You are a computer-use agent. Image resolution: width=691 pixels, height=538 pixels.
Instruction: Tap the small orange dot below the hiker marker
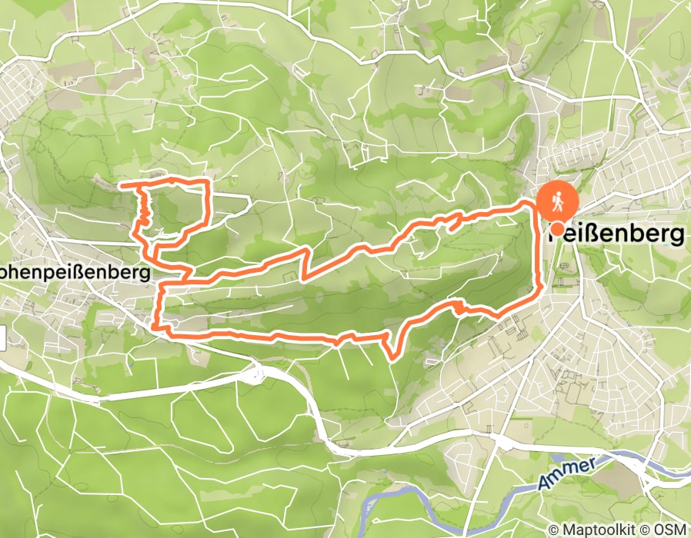(x=556, y=228)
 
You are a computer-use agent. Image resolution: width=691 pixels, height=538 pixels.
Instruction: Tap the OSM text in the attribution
(x=669, y=530)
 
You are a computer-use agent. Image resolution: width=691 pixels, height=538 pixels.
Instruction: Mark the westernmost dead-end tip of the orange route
(x=122, y=184)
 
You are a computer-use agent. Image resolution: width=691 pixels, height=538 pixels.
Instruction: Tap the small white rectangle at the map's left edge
(x=2, y=337)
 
